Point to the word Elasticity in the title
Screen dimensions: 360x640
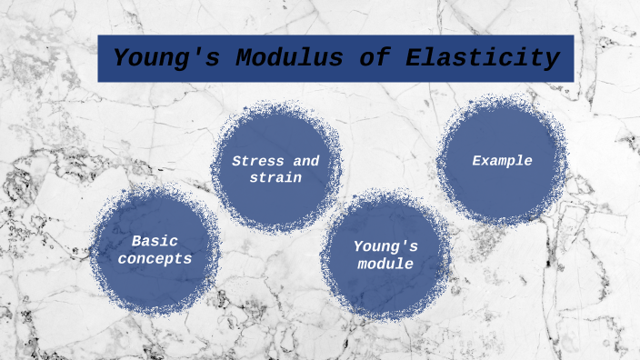[481, 59]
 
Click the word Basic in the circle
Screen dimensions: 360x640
[155, 241]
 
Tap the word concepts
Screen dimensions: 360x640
[161, 258]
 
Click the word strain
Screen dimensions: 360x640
[275, 177]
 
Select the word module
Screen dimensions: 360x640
[385, 264]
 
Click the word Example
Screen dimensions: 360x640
[502, 161]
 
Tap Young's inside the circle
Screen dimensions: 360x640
[385, 245]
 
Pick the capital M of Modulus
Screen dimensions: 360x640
[243, 59]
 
